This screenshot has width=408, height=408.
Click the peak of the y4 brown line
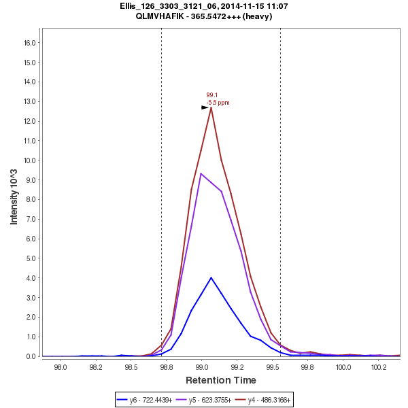click(211, 107)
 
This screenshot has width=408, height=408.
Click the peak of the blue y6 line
click(211, 277)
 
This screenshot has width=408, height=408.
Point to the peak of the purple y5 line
click(201, 173)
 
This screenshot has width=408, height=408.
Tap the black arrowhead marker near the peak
click(205, 107)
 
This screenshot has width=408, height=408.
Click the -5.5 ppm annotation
click(218, 103)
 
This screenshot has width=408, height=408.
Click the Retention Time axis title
click(221, 380)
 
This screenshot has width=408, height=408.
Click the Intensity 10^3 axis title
click(14, 192)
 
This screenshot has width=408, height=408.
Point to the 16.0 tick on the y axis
click(30, 42)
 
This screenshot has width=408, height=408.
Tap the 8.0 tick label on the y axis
click(32, 200)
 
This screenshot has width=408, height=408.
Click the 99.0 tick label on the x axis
click(201, 367)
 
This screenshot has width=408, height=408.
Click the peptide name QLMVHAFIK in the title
click(164, 16)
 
